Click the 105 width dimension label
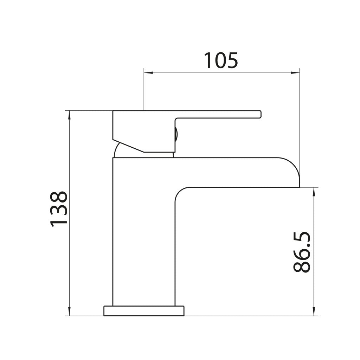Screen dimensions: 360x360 221,60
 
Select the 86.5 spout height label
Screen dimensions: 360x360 302,252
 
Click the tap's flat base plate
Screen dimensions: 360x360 144,311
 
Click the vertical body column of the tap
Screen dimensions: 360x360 143,232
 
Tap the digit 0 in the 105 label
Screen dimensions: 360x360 221,60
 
